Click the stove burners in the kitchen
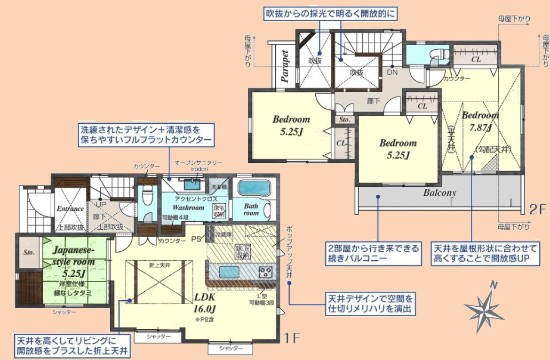point(265,272)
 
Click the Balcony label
point(439,193)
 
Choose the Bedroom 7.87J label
point(480,121)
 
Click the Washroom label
point(188,207)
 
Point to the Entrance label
point(70,208)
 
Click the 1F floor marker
point(292,337)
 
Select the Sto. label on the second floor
point(345,120)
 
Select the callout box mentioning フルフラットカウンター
point(147,134)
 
